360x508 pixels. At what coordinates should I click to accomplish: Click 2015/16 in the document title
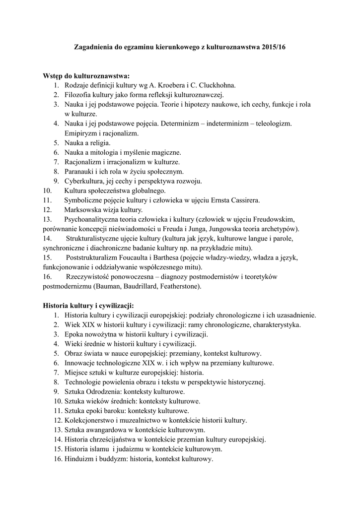[x=273, y=47]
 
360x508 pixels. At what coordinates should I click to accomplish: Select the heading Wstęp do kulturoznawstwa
[x=86, y=76]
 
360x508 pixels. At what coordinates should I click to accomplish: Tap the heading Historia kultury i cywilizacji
[x=88, y=306]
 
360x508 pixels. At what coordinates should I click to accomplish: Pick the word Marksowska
[x=83, y=209]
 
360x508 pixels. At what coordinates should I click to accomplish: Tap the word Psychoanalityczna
[x=94, y=219]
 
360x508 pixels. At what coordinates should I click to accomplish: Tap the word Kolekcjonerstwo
[x=89, y=421]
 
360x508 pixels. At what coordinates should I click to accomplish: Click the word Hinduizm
[x=79, y=459]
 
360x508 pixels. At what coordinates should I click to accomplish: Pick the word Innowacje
[x=80, y=363]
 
